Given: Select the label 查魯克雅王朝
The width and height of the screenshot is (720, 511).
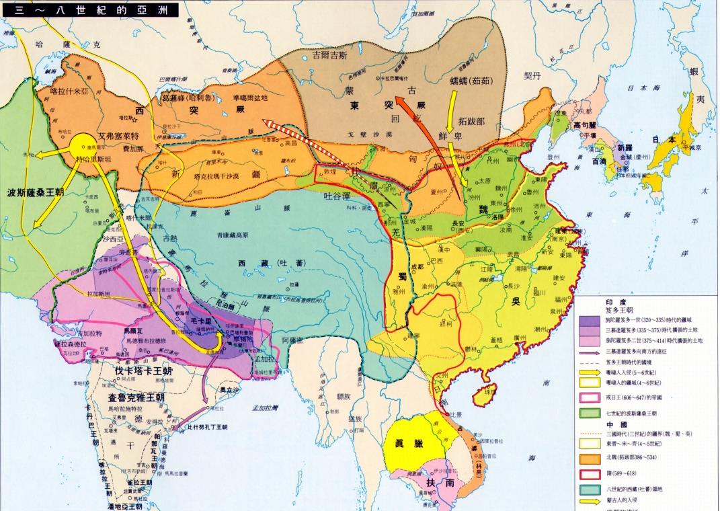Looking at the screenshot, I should (136, 397).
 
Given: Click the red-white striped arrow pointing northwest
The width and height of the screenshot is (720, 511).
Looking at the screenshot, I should (309, 143).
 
